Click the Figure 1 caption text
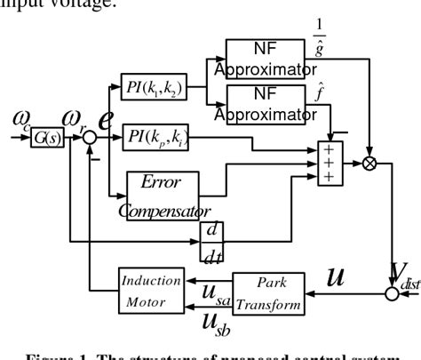coord(210,353)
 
